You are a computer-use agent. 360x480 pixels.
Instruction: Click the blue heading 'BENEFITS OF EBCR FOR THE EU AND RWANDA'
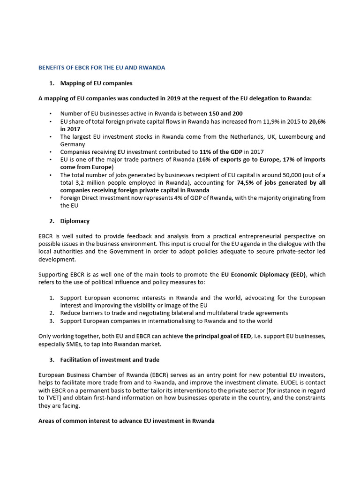click(x=101, y=67)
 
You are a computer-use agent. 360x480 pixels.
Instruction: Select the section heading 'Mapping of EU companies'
click(x=96, y=83)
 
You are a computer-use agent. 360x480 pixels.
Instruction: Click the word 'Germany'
click(x=72, y=144)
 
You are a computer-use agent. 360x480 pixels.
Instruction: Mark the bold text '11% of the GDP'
click(x=220, y=152)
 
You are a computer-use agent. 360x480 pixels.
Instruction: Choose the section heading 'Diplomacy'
click(x=75, y=221)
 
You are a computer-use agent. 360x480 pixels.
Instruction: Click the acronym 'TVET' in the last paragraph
click(x=46, y=398)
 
